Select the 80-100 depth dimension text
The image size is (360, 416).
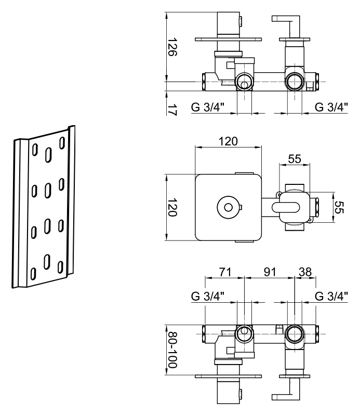pyautogui.click(x=174, y=351)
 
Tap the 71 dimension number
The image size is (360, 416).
pyautogui.click(x=224, y=272)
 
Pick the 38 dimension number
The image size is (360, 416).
pyautogui.click(x=305, y=272)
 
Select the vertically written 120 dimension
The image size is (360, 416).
pyautogui.click(x=174, y=208)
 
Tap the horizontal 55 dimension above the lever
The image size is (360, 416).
pyautogui.click(x=295, y=159)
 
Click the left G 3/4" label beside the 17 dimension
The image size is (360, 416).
pyautogui.click(x=207, y=108)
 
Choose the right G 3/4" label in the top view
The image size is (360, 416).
pyautogui.click(x=332, y=108)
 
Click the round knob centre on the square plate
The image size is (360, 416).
pyautogui.click(x=227, y=208)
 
